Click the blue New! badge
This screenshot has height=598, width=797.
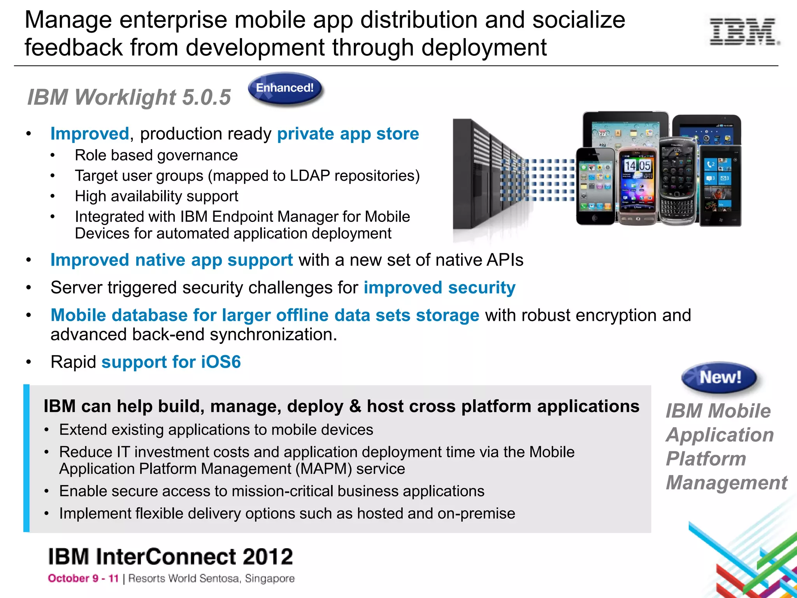coord(719,377)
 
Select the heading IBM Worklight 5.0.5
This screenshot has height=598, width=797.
coord(129,97)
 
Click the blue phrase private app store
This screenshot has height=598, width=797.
coord(348,134)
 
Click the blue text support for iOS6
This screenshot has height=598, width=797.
coord(171,362)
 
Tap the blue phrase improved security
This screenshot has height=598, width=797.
coord(439,288)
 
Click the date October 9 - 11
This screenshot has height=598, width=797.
coord(83,579)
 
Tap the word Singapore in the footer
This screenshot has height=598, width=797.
coord(269,579)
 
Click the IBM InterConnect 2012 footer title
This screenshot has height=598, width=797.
coord(170,557)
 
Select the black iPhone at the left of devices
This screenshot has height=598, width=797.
coord(595,186)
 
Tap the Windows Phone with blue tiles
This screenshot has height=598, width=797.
coord(720,186)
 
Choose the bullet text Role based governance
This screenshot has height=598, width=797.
coord(156,155)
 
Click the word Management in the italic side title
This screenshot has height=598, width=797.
coord(726,483)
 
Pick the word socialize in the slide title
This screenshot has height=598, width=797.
coord(578,20)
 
